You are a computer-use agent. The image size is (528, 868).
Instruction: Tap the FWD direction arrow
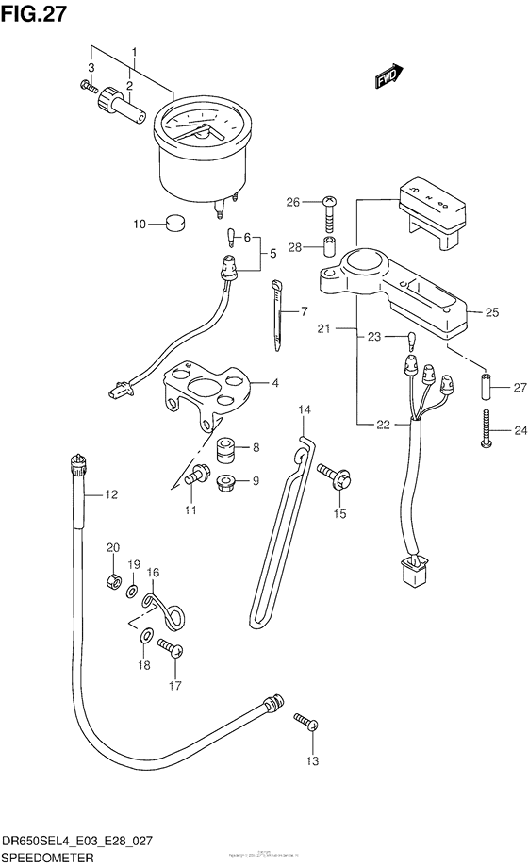389,77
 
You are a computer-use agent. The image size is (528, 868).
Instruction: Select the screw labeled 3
89,88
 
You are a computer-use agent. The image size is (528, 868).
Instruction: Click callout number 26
292,202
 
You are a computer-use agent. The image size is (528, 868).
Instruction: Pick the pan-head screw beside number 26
327,209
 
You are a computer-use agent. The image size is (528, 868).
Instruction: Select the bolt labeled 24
487,425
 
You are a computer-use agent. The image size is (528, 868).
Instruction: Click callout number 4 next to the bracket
275,384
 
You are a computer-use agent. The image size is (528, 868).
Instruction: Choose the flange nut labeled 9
226,483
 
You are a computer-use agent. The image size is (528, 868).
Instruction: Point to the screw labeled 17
170,648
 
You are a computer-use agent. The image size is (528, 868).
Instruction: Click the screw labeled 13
305,723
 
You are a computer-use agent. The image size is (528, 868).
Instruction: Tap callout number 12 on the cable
110,493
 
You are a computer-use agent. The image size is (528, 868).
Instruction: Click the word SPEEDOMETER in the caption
47,859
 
